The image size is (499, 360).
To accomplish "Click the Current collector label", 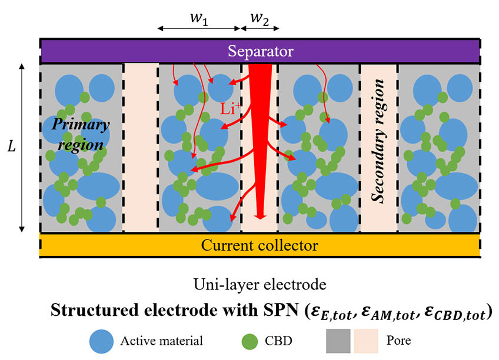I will pos(260,245).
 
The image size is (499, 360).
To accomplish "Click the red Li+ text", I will pos(231,109).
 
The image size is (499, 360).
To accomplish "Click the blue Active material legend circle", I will pos(101,341).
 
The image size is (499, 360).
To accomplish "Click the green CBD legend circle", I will pos(249,341).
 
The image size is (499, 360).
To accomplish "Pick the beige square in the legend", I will pos(366,341).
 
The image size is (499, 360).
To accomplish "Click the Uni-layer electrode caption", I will pos(260,285).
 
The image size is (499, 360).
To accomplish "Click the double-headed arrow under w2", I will pos(260,28).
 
